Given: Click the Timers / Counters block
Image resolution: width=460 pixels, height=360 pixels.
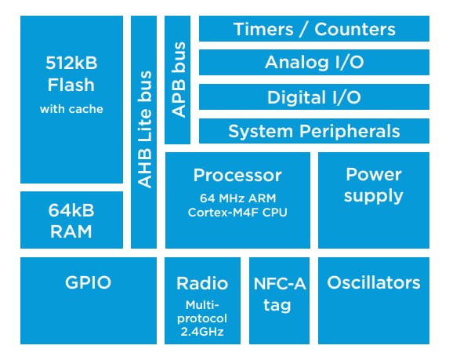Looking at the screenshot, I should [313, 30].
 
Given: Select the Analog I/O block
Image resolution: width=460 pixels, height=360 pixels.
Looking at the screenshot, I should [313, 63].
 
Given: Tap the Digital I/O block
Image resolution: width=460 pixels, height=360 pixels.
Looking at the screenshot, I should [313, 97].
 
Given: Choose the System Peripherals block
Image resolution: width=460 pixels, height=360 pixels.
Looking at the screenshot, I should [313, 131].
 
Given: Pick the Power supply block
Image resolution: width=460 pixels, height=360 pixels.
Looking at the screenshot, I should [373, 185].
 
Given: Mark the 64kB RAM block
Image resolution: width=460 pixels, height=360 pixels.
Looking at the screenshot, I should [71, 220].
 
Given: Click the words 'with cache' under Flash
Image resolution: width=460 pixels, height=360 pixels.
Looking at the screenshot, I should [71, 109].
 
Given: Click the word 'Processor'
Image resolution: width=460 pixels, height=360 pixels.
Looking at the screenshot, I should [237, 176].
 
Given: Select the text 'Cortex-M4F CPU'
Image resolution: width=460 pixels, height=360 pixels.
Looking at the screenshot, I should [237, 212].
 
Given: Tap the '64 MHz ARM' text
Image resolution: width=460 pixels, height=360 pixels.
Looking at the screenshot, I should [237, 197].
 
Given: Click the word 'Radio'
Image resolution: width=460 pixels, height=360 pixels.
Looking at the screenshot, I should [202, 283].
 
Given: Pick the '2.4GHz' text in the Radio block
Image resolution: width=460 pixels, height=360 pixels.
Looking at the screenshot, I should [202, 331].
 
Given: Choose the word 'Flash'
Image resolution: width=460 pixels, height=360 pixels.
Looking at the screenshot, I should [71, 84].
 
